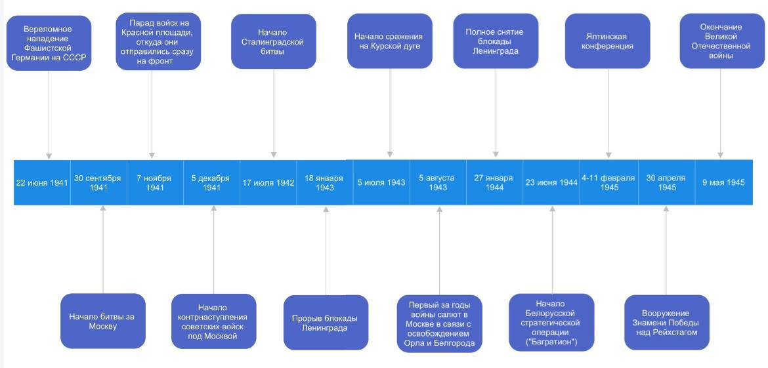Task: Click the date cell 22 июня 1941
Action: point(42,182)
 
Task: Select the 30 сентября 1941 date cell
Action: point(98,182)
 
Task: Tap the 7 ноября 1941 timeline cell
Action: point(155,182)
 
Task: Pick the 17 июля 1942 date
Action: point(268,182)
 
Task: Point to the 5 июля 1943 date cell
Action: point(381,182)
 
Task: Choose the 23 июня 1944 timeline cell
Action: point(551,182)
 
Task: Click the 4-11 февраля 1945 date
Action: point(608,182)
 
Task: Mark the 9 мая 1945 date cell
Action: point(724,182)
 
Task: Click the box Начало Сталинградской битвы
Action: point(273,41)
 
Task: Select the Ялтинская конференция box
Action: point(608,41)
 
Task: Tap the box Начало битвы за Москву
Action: point(103,321)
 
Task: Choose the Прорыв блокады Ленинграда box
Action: point(326,323)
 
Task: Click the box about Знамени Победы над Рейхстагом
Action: point(667,323)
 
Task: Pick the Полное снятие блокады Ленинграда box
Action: point(496,41)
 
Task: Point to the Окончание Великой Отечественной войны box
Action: point(722,41)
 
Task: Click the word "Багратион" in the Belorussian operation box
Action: point(551,342)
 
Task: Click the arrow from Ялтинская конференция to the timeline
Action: point(608,113)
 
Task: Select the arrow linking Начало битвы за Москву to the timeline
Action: point(103,249)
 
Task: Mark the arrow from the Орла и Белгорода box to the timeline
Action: point(439,251)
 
